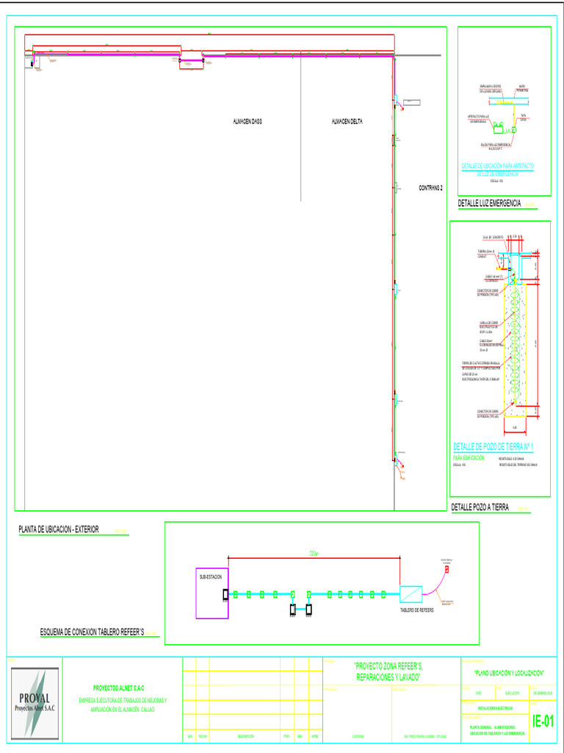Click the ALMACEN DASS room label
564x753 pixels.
pyautogui.click(x=247, y=121)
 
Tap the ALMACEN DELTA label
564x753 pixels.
pyautogui.click(x=347, y=121)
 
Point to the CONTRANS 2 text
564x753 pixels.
pyautogui.click(x=431, y=188)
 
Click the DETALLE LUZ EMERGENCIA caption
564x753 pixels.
pyautogui.click(x=490, y=203)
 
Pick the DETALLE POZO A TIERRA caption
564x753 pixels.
pyautogui.click(x=480, y=507)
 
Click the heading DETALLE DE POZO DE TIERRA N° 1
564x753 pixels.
pyautogui.click(x=493, y=446)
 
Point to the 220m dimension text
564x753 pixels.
pyautogui.click(x=314, y=553)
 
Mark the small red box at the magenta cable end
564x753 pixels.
pyautogui.click(x=446, y=570)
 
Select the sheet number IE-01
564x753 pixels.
pyautogui.click(x=543, y=721)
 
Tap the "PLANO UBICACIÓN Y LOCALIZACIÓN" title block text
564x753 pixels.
pyautogui.click(x=508, y=673)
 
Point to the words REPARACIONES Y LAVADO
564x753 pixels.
pyautogui.click(x=387, y=676)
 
